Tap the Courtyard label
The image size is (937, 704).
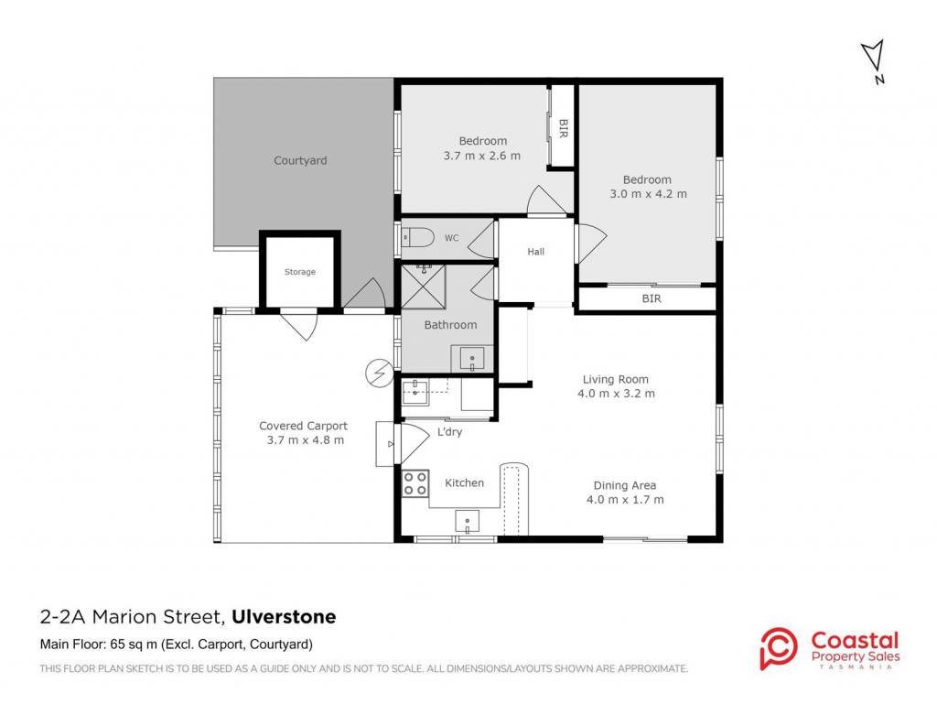(300, 160)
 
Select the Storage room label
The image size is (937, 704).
(299, 272)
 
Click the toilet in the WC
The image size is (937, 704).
(417, 238)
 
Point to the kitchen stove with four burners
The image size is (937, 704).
(415, 483)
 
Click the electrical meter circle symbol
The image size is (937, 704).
(379, 373)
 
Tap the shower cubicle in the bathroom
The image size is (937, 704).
(424, 287)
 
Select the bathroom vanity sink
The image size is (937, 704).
(472, 359)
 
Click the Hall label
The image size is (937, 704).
(535, 252)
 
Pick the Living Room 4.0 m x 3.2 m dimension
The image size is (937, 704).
(616, 394)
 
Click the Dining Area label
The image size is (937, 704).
(624, 485)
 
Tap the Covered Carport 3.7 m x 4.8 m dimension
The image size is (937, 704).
(305, 439)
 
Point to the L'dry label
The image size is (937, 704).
(449, 431)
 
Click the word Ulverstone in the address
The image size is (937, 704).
(284, 617)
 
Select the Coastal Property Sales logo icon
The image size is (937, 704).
(778, 648)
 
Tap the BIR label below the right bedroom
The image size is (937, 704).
(652, 298)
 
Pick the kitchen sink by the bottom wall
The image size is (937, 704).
(468, 521)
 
